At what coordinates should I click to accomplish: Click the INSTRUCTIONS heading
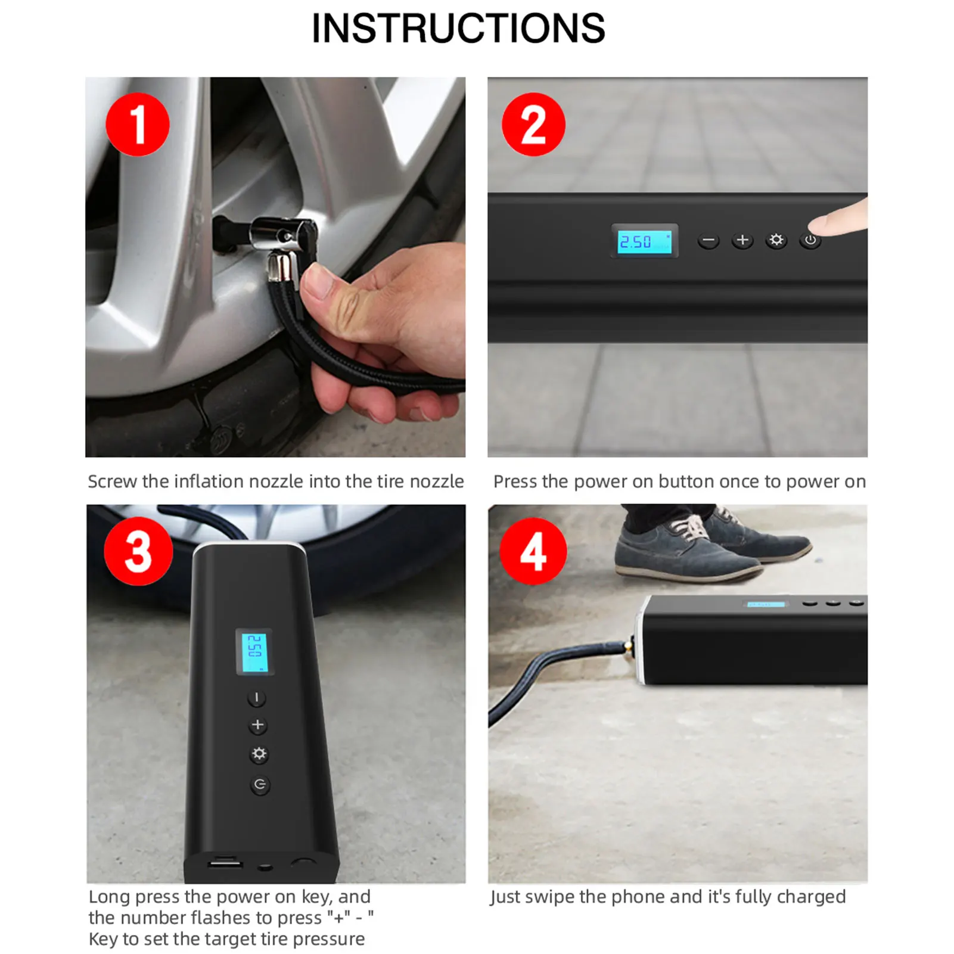[458, 29]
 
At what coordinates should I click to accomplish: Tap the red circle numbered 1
[138, 125]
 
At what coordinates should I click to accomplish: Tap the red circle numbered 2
[533, 125]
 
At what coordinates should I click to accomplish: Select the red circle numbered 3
[138, 551]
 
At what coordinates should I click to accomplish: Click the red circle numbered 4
[533, 551]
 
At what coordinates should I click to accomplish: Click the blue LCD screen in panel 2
[644, 241]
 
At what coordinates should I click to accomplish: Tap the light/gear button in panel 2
[776, 240]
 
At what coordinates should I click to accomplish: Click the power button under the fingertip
[810, 241]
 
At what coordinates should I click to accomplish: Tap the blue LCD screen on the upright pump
[255, 652]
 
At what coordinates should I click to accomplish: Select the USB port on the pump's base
[225, 863]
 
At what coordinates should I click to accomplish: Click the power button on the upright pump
[260, 785]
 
